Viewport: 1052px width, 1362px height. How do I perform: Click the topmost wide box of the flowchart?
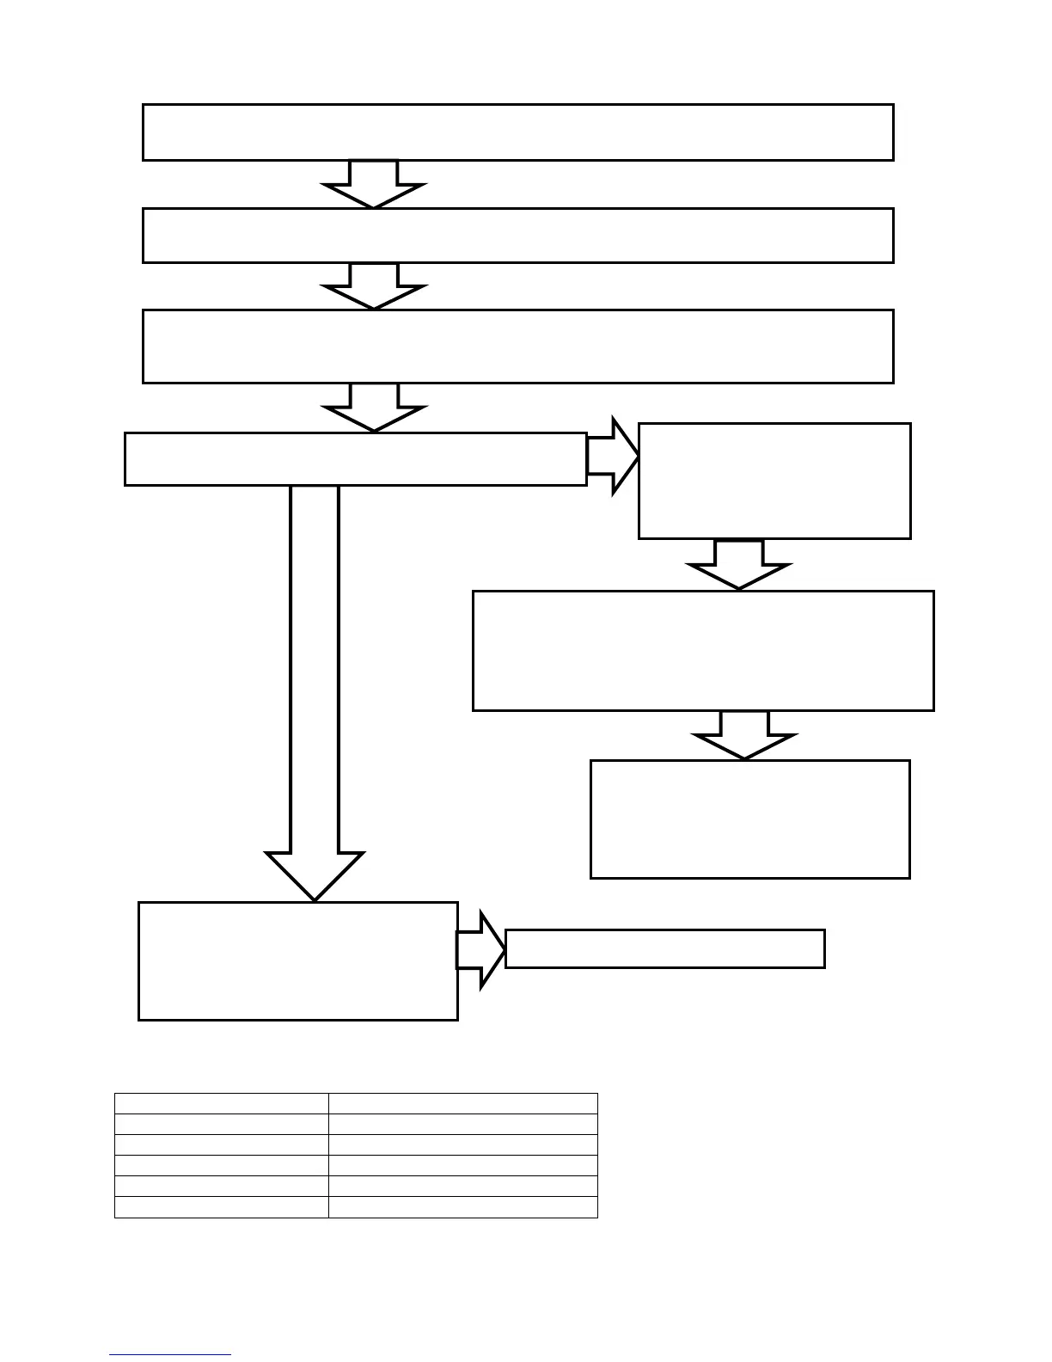pos(517,132)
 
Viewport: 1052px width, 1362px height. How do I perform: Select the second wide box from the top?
pos(517,235)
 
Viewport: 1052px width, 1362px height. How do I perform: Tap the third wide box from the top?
pos(517,346)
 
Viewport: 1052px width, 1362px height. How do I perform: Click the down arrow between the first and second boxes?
pos(374,183)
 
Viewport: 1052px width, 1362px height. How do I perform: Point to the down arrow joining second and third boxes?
pos(374,285)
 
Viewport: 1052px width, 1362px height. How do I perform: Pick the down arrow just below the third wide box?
pos(374,407)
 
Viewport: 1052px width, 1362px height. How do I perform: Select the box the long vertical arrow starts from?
pos(355,459)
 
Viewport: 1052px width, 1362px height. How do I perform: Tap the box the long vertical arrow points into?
pos(297,960)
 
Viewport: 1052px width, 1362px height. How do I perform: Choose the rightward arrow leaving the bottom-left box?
pos(480,949)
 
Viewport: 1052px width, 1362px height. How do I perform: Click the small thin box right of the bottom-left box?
pos(664,948)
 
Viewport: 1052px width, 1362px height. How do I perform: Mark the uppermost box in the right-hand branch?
pos(774,481)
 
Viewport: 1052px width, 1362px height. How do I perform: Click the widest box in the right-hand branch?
pos(703,650)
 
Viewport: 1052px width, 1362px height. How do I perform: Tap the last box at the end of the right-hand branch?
pos(749,819)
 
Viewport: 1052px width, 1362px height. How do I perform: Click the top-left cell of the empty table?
pos(222,1103)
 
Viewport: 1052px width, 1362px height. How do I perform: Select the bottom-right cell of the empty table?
pos(462,1206)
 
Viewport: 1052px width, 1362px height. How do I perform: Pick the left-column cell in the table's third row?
pos(222,1144)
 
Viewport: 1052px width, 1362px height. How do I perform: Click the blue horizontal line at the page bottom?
pos(170,1354)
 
